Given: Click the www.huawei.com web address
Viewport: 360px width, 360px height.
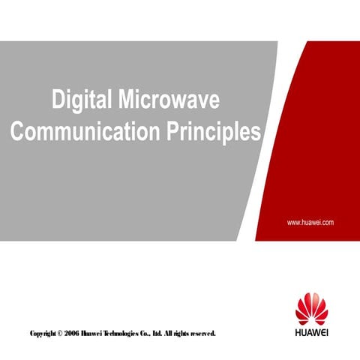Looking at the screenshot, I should coord(310,223).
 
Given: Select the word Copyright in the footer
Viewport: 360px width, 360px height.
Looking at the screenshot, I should coord(43,332).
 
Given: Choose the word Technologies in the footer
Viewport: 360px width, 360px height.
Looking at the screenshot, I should coord(132,332).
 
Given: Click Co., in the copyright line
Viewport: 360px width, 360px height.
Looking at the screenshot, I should coord(159,332).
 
